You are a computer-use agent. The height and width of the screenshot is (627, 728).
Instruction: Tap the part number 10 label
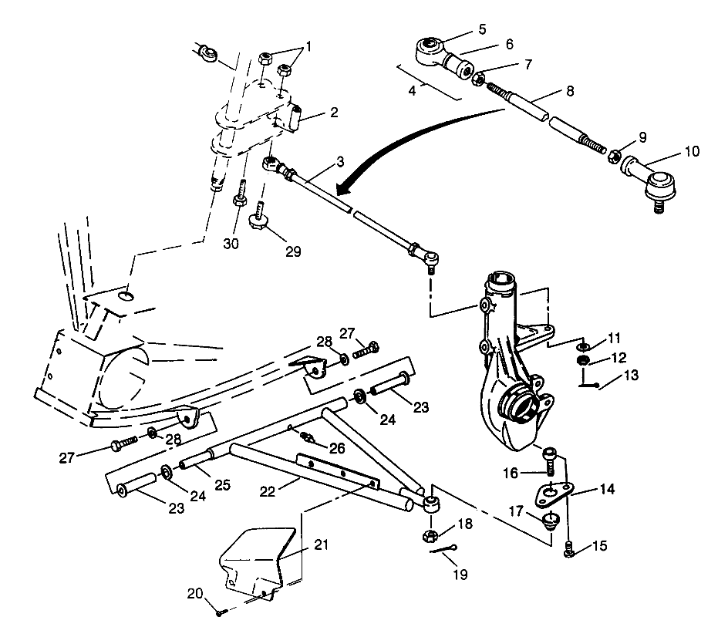point(691,152)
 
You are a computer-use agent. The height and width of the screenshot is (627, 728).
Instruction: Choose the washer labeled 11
point(584,343)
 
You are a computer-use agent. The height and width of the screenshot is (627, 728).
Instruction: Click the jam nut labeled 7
point(478,78)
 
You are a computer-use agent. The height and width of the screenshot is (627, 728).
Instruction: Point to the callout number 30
point(231,244)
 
